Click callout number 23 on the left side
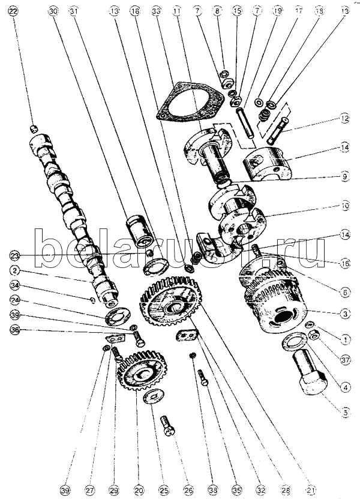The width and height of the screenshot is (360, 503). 14,254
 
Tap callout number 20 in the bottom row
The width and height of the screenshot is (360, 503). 139,490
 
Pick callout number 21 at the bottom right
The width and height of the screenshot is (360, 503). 310,490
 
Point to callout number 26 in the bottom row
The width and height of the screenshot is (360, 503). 189,490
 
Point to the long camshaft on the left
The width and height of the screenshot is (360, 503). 66,210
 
